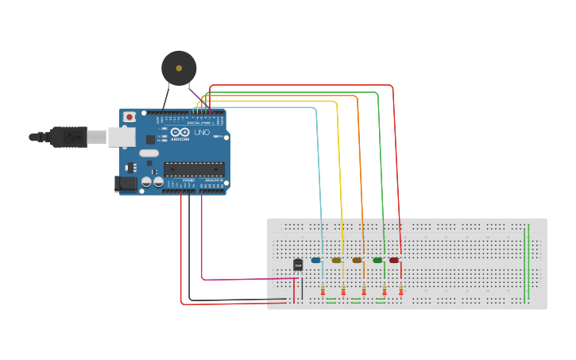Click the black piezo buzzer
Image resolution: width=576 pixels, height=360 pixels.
click(x=179, y=68)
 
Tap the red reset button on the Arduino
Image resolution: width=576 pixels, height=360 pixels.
click(x=130, y=117)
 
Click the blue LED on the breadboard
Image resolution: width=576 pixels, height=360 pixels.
click(x=316, y=260)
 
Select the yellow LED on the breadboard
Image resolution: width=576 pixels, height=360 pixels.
click(x=337, y=260)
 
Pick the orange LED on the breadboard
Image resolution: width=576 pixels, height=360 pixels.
click(x=357, y=260)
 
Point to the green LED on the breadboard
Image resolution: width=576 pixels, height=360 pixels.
click(x=377, y=260)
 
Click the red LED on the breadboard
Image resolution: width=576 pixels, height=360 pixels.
click(x=394, y=260)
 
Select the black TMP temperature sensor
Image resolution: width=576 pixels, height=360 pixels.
click(x=298, y=265)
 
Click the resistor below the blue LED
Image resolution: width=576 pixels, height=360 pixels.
click(x=323, y=291)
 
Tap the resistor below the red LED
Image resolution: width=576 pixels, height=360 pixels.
click(x=401, y=291)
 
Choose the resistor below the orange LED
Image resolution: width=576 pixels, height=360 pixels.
click(x=364, y=291)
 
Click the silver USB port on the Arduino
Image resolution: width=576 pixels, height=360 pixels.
click(x=122, y=137)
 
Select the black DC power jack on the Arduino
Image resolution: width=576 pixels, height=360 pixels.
click(x=126, y=184)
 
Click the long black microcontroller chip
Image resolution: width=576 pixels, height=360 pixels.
click(x=194, y=168)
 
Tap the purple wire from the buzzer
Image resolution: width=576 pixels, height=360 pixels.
click(x=195, y=94)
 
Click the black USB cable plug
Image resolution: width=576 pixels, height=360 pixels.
click(x=68, y=137)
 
